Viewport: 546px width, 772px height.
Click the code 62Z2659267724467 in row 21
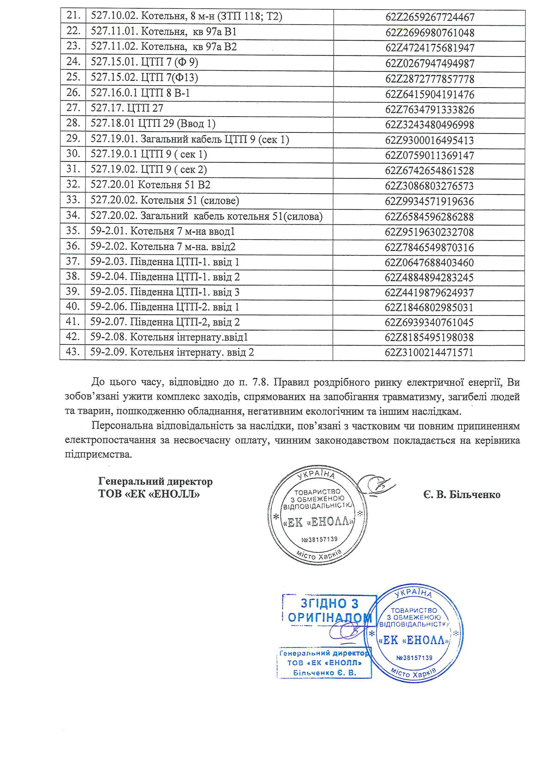click(x=430, y=17)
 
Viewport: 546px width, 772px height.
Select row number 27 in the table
click(x=73, y=108)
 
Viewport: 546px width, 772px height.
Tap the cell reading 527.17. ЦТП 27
click(x=127, y=108)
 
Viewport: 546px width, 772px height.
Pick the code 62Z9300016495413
click(x=429, y=140)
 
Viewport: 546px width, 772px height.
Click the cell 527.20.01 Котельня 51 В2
click(x=150, y=185)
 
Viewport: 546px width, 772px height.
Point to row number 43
click(x=73, y=352)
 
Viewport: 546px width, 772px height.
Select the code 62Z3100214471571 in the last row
click(x=429, y=352)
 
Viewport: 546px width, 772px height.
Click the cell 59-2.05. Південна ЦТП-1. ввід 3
click(x=165, y=292)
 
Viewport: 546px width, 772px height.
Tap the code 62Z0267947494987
click(x=430, y=63)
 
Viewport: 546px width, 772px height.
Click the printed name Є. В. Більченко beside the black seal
click(x=461, y=495)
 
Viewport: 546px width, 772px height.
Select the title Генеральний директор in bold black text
click(x=155, y=481)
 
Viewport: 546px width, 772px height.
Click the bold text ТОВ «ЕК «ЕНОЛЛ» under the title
click(x=149, y=494)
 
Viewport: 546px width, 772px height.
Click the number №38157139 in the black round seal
click(x=319, y=539)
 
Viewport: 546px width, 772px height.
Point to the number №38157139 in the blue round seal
click(x=414, y=657)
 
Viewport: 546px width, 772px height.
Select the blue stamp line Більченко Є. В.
click(x=325, y=673)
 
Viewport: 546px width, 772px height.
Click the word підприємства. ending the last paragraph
click(x=98, y=454)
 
